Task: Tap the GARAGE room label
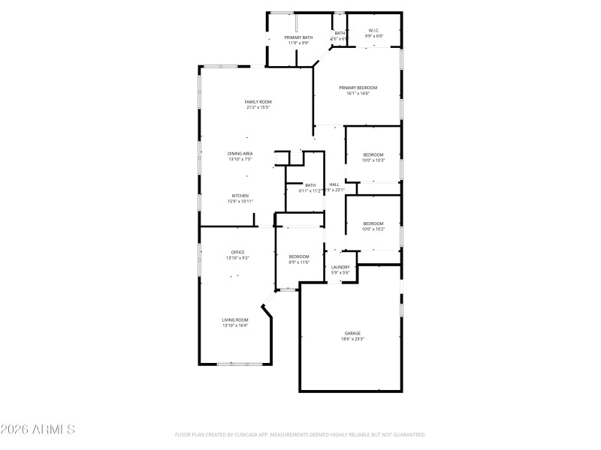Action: point(352,333)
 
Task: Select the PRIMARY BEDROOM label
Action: point(358,88)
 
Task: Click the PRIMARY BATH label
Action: point(298,37)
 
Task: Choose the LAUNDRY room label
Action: point(340,267)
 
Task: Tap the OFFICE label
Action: point(237,252)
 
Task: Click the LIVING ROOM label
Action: point(235,319)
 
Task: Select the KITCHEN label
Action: point(240,196)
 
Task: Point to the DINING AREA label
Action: point(240,154)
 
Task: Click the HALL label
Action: point(334,184)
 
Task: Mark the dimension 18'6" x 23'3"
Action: point(352,339)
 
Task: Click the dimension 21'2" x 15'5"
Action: point(258,108)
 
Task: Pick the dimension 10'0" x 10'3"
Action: point(373,160)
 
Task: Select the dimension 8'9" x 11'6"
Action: point(299,262)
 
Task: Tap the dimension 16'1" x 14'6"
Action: point(358,94)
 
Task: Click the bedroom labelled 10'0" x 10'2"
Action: point(373,223)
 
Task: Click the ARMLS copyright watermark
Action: point(38,430)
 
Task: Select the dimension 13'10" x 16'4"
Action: point(235,325)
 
